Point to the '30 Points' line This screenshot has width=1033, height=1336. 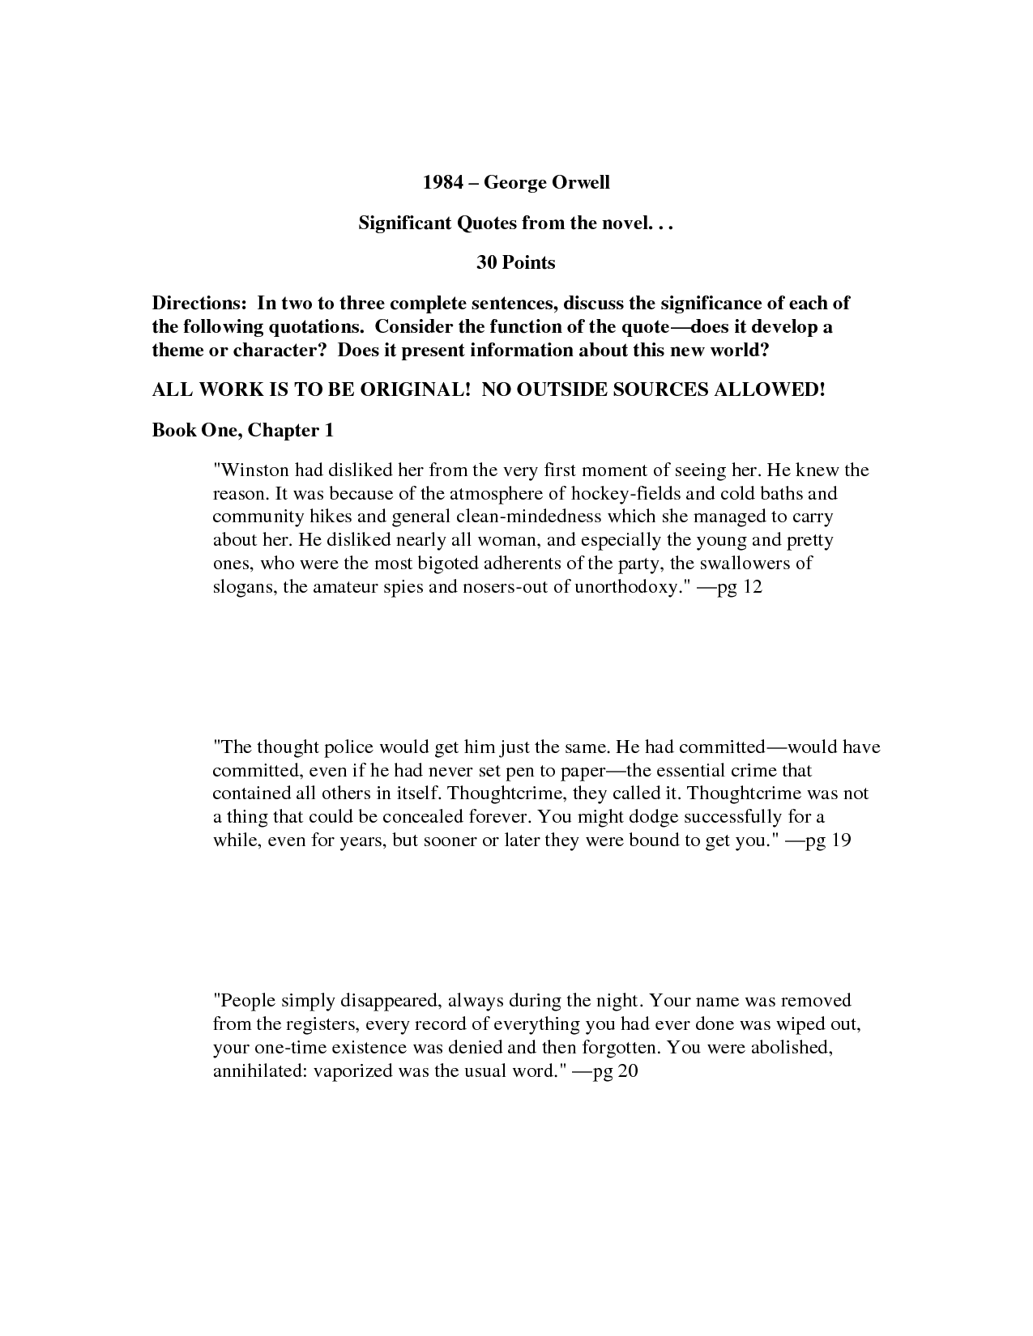click(x=515, y=262)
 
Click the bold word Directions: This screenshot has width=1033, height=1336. click(x=199, y=304)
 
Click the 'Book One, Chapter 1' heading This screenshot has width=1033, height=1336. click(x=243, y=430)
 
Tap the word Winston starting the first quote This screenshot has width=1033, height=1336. click(x=253, y=470)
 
